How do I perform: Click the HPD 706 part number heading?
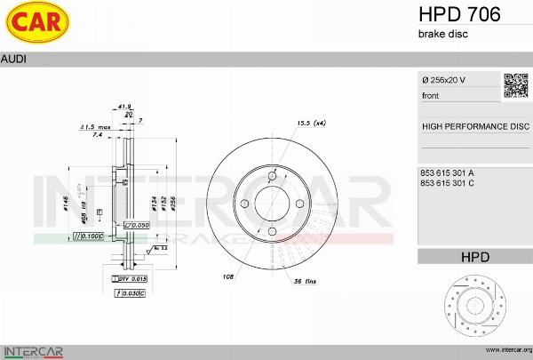(x=458, y=14)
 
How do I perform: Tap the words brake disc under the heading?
(x=442, y=34)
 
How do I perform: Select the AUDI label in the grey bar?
(x=13, y=58)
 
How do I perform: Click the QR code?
(x=516, y=84)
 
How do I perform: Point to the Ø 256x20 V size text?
(x=443, y=81)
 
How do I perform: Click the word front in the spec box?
(x=431, y=95)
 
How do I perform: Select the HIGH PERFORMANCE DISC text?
(x=474, y=126)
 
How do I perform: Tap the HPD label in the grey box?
(x=474, y=257)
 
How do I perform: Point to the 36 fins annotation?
(x=306, y=283)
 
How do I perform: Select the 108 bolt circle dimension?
(x=228, y=276)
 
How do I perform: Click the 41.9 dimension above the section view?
(x=125, y=106)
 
